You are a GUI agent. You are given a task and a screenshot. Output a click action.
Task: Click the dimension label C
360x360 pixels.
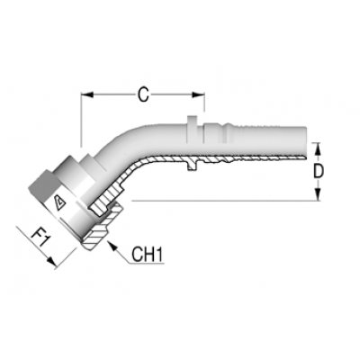click(143, 95)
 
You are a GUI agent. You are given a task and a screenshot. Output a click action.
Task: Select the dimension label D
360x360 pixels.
click(319, 172)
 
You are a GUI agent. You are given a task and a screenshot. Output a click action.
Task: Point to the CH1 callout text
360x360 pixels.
click(148, 255)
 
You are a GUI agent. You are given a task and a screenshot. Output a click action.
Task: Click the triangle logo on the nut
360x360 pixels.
click(59, 203)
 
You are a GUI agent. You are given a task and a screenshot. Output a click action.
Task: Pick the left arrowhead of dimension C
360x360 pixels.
click(87, 94)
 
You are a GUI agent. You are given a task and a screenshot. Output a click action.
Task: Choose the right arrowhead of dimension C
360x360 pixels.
click(198, 94)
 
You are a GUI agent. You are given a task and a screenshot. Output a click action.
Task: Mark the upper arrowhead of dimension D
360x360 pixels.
click(319, 149)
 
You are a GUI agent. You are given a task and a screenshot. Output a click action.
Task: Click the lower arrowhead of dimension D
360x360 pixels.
click(319, 193)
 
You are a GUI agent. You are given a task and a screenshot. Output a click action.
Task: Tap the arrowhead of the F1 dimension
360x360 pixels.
click(51, 262)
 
